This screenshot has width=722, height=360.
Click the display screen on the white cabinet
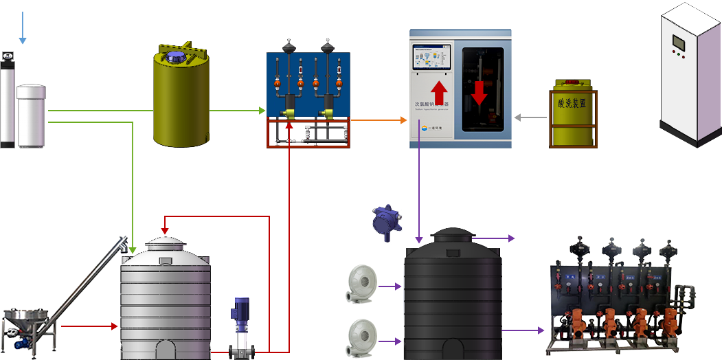tap(678, 43)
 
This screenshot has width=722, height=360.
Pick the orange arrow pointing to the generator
tap(403, 120)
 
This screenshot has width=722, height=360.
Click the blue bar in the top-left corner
tap(23, 27)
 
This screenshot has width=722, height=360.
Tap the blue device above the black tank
tap(385, 221)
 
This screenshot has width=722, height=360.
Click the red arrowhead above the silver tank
tap(165, 229)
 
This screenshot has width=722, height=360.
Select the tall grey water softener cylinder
tap(8, 103)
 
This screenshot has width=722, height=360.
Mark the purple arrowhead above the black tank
tap(419, 240)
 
